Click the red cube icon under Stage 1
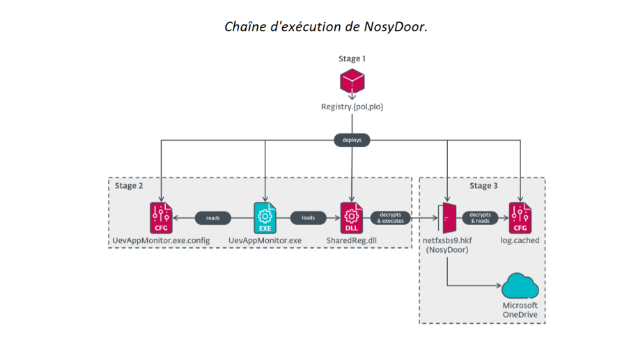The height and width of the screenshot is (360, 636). [352, 82]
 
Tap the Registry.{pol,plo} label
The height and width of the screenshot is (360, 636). [352, 107]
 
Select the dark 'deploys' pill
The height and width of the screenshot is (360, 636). [352, 140]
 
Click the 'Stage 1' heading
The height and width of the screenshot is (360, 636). [352, 59]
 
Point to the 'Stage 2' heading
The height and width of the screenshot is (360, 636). [130, 186]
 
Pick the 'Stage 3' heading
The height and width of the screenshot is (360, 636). [484, 186]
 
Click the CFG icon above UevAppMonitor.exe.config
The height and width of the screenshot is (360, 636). [161, 217]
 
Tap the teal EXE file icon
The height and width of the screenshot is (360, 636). [265, 217]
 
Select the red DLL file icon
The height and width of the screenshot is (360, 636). [352, 217]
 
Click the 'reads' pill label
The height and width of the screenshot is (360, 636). [213, 218]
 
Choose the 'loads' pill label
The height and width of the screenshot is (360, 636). [308, 218]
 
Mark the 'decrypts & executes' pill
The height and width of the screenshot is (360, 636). [391, 218]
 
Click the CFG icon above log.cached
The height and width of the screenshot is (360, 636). [519, 217]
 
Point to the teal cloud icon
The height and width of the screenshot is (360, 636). [520, 286]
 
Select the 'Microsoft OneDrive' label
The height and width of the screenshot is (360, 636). [521, 311]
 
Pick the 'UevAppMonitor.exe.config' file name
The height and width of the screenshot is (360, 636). [162, 241]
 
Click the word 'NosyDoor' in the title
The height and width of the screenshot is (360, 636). [394, 26]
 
